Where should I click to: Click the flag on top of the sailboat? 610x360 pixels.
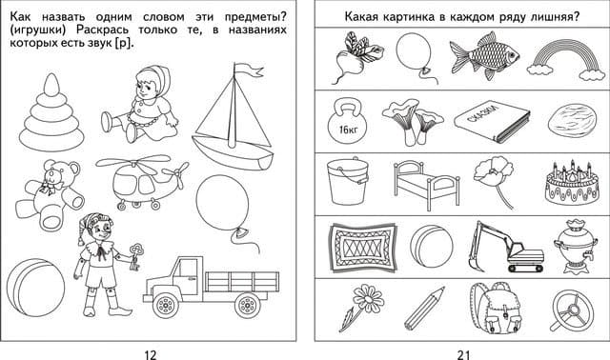[248, 70]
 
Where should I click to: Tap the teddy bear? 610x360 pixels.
[49, 193]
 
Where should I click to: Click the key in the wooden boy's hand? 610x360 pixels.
[136, 256]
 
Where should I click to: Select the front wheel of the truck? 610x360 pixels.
[165, 305]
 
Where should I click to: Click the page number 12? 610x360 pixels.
[151, 354]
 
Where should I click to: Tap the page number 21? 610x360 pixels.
[463, 354]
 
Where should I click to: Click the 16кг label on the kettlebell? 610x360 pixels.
[348, 130]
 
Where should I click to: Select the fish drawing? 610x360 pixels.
[484, 55]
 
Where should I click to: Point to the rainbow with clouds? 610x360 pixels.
[566, 61]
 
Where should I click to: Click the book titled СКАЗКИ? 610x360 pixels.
[492, 121]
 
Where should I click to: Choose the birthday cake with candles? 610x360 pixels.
[572, 183]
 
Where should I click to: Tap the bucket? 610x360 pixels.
[347, 182]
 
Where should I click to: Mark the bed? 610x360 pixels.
[426, 185]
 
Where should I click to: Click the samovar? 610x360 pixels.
[572, 247]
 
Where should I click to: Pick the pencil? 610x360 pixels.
[424, 309]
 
